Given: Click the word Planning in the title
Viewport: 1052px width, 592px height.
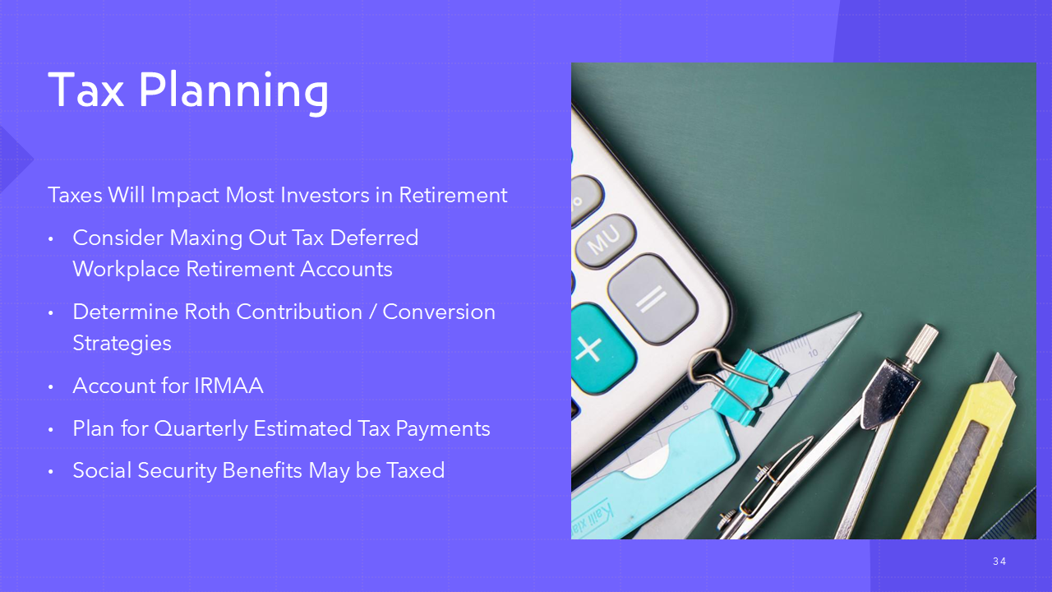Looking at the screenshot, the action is [233, 93].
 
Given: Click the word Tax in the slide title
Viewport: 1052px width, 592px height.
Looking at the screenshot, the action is [86, 90].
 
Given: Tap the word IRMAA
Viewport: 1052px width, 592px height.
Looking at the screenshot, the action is [228, 386].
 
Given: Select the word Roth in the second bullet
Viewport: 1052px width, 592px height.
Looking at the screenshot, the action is [206, 312].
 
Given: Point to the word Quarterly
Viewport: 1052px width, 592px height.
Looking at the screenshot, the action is [201, 429].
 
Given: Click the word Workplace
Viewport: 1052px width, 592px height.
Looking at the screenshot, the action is [127, 270].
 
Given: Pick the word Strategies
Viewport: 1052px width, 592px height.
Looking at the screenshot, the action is [122, 344].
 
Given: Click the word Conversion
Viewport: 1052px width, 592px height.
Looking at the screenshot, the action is [439, 312].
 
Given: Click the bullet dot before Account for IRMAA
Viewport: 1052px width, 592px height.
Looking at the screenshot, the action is [51, 387].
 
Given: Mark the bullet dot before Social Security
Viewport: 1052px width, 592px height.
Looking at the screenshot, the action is [51, 472].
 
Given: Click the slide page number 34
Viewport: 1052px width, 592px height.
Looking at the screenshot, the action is [999, 561].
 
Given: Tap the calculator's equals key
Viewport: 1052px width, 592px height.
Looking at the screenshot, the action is [653, 298].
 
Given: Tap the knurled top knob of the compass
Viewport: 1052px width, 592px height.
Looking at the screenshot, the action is [921, 343].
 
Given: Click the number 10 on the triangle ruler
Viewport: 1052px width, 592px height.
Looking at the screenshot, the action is [813, 353].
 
